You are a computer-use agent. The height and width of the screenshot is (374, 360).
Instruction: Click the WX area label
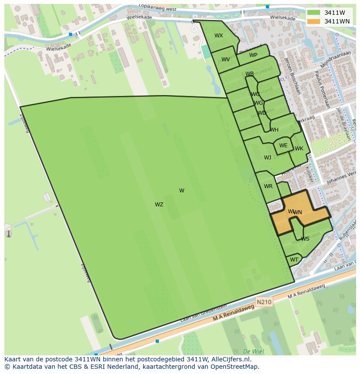(219, 36)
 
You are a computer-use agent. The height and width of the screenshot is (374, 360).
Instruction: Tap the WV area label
(226, 60)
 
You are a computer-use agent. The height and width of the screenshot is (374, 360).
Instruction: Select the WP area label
(253, 55)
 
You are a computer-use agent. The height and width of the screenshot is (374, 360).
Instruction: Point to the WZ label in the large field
(159, 205)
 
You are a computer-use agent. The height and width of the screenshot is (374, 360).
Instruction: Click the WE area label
(283, 146)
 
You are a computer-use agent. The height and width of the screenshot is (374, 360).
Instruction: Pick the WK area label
(299, 149)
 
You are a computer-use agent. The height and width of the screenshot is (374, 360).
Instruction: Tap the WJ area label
(267, 158)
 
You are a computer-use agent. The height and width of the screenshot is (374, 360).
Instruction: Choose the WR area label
(268, 186)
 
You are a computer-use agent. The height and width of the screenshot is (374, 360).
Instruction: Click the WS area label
(305, 239)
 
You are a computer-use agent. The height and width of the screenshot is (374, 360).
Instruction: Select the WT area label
(294, 260)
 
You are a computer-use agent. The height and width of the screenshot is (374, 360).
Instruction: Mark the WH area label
(274, 130)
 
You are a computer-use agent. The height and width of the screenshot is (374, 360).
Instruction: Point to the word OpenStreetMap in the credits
(235, 367)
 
